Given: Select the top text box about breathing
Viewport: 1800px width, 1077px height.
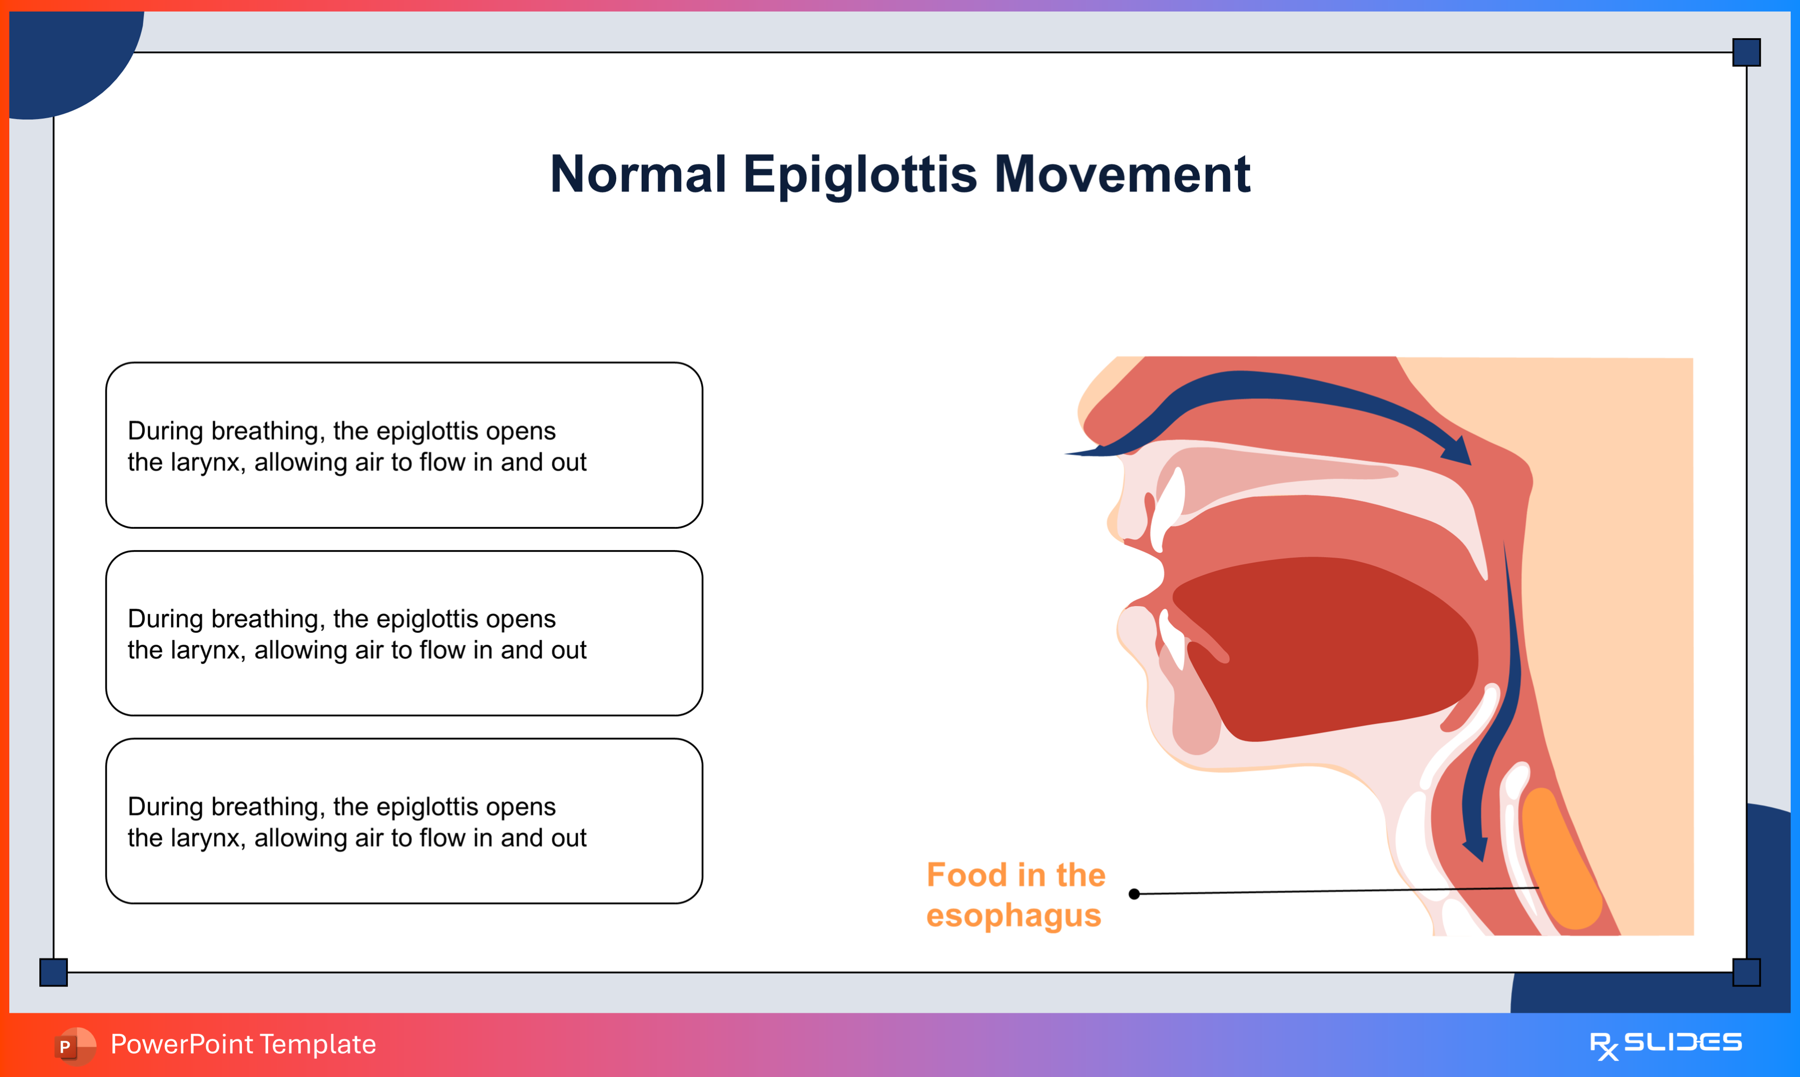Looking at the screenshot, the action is [x=404, y=445].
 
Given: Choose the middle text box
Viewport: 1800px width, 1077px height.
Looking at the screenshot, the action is [x=404, y=633].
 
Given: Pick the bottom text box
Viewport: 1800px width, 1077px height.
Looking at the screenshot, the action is [x=404, y=821].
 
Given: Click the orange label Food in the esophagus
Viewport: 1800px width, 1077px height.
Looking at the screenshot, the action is [x=1015, y=895].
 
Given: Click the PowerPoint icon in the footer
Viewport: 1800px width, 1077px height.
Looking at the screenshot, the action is [x=75, y=1046].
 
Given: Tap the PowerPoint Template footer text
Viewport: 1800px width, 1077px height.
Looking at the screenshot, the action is [x=243, y=1044].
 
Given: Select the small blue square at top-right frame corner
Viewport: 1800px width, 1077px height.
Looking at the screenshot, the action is [x=1746, y=52].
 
